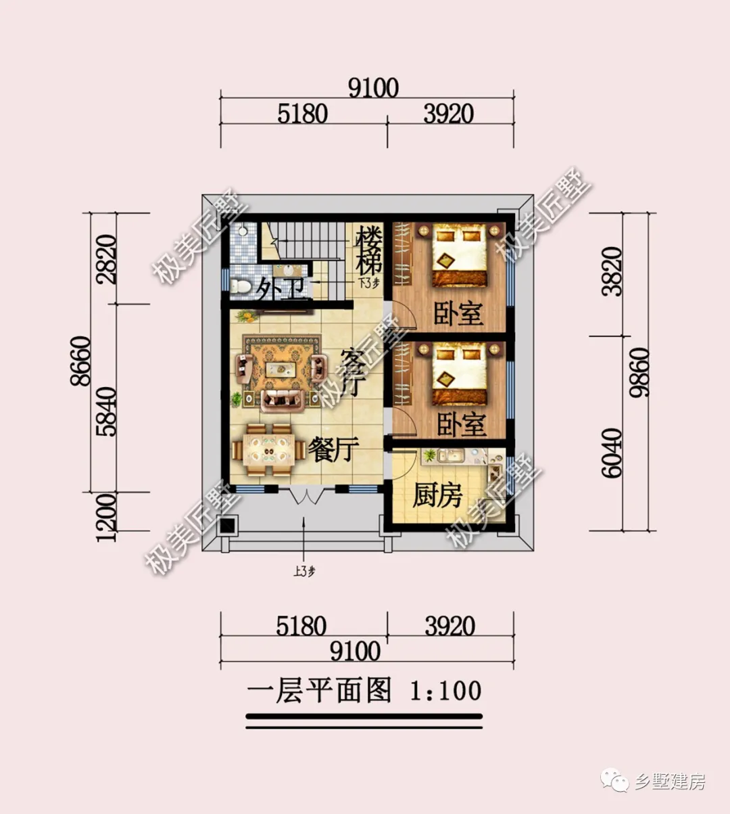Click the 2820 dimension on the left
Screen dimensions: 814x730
click(x=107, y=259)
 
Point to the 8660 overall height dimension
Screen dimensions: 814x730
click(x=81, y=361)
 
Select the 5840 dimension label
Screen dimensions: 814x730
click(x=107, y=411)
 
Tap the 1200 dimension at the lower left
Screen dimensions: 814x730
click(x=107, y=518)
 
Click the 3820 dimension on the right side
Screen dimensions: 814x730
click(x=612, y=271)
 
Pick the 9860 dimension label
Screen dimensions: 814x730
click(x=639, y=372)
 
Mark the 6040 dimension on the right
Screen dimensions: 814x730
click(x=612, y=453)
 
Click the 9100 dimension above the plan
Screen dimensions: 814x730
click(x=373, y=88)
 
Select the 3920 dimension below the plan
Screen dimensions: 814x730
click(x=449, y=626)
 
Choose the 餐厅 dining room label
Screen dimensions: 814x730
click(x=333, y=449)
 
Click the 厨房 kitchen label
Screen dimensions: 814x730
click(x=437, y=495)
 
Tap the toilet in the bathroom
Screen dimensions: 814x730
click(x=240, y=286)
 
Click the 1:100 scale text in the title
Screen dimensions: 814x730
click(x=446, y=691)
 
